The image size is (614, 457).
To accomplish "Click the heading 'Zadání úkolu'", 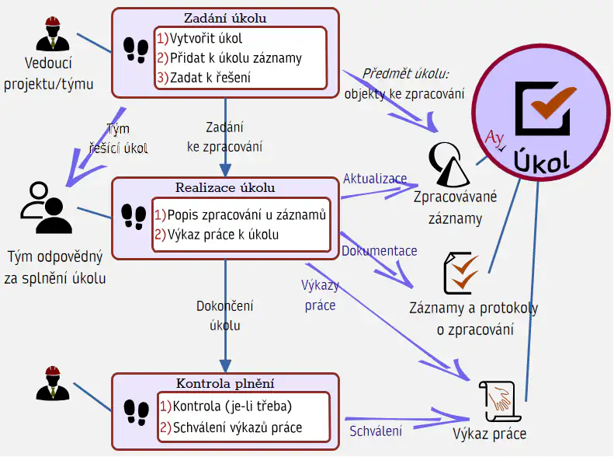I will click(225, 17).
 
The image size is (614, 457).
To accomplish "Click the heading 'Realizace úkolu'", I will click(225, 187).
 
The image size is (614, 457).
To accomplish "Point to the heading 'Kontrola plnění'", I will click(225, 383).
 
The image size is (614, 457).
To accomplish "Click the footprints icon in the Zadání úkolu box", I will click(136, 50).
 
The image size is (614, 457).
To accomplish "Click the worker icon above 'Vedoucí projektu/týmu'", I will click(54, 36).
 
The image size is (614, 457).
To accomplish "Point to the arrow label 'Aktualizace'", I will click(375, 179).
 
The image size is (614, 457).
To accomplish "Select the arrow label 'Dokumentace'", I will click(380, 251).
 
